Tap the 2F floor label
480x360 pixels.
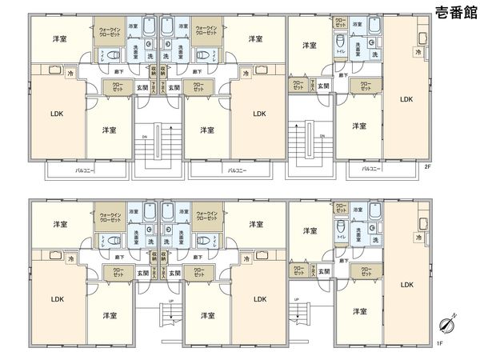click(x=428, y=167)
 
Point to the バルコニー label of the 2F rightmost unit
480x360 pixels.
click(x=369, y=169)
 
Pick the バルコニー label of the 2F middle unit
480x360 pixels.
click(x=235, y=170)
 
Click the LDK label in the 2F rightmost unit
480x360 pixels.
click(x=406, y=99)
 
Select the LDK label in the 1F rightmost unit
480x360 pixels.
click(x=406, y=284)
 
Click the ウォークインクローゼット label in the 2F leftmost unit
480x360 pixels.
click(x=109, y=31)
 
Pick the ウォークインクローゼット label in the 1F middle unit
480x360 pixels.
click(x=206, y=216)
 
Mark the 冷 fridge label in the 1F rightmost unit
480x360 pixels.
click(x=418, y=238)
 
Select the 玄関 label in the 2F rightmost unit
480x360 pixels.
click(x=322, y=85)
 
